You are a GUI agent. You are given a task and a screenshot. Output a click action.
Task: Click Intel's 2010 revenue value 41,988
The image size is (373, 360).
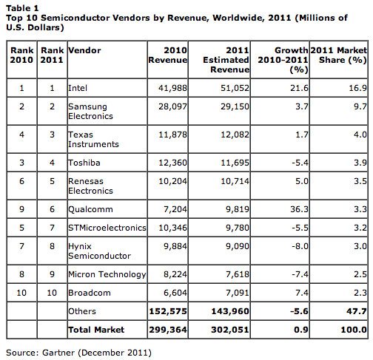pos(172,88)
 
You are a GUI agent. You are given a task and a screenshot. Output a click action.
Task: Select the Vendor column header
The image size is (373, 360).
pos(84,50)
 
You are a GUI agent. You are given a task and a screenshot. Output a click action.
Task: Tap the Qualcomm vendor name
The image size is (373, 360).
pos(90,209)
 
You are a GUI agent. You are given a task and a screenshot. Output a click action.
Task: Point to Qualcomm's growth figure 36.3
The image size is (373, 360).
pos(299,209)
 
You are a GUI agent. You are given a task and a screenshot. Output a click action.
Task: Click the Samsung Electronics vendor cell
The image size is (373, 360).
pos(90,111)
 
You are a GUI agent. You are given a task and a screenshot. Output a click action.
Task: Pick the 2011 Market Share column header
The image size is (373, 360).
pos(339,55)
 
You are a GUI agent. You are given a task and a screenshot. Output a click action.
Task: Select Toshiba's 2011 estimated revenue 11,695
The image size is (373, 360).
pos(235,163)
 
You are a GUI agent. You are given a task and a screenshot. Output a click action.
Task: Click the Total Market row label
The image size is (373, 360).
pos(96,330)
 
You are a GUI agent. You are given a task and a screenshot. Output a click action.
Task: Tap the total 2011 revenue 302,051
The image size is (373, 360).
pos(230,330)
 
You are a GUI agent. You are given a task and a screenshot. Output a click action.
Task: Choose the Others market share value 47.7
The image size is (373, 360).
pos(357,311)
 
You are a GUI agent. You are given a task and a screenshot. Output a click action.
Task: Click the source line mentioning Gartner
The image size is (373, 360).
pos(78,353)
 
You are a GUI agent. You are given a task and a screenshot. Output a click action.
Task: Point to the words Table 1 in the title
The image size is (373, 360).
pos(22,8)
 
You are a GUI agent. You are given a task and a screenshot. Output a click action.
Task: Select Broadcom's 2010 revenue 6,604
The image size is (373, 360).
pos(175,293)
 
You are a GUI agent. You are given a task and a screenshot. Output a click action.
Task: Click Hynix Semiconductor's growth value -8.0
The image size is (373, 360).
pos(300,246)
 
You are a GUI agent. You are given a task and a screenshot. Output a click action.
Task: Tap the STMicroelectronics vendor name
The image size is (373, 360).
pos(107,228)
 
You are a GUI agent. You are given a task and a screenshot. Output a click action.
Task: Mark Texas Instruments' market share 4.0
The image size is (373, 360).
pos(360,135)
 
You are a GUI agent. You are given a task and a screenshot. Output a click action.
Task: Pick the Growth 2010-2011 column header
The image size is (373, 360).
pos(283,60)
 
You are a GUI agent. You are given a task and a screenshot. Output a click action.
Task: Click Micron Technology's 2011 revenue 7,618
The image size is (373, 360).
pos(238,274)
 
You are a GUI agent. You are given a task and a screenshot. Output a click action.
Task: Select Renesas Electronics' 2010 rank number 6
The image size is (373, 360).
pos(21,181)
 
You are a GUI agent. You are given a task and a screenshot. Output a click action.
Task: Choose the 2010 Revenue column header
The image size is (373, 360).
pos(168,55)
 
